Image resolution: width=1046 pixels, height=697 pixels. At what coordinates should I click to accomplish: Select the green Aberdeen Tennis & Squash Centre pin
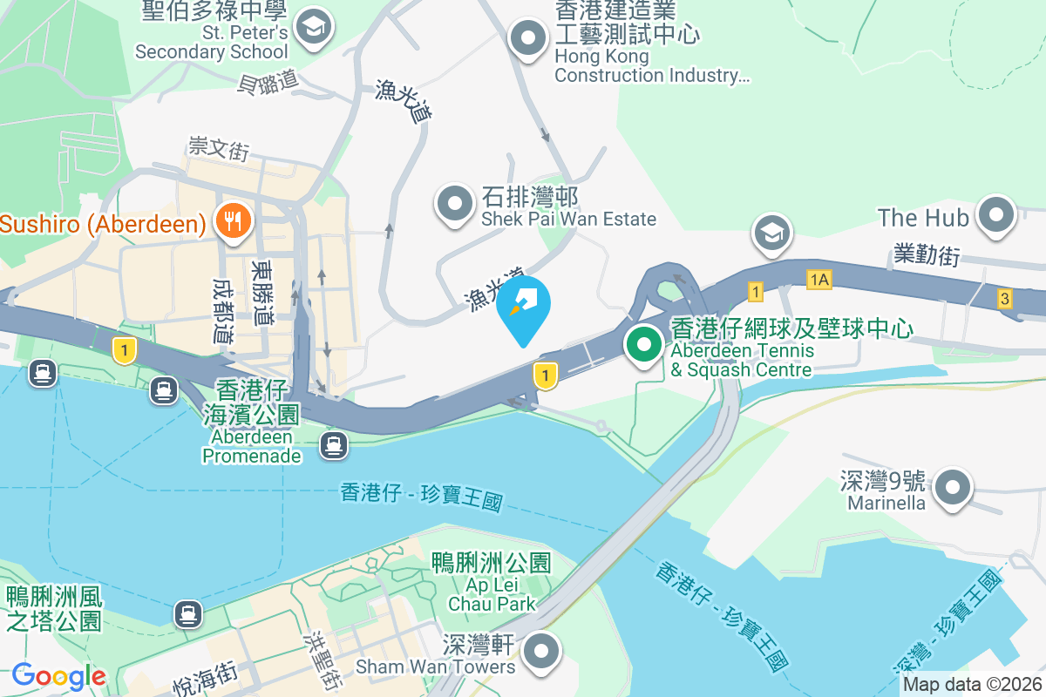(644, 344)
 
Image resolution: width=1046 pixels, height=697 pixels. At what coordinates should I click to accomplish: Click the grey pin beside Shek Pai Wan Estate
(454, 205)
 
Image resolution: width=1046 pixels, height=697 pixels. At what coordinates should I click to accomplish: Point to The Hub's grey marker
(995, 215)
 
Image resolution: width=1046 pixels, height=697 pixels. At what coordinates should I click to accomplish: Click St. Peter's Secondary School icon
(311, 28)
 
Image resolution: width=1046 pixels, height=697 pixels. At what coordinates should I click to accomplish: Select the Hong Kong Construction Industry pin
(527, 38)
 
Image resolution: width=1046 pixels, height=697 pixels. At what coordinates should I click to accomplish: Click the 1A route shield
(819, 280)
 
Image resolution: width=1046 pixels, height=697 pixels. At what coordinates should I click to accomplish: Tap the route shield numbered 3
(1005, 299)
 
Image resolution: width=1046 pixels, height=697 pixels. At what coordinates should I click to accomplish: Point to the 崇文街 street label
(218, 148)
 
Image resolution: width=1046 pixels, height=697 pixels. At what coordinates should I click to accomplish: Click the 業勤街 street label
(926, 254)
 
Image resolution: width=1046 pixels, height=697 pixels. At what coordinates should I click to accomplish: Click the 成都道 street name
(223, 310)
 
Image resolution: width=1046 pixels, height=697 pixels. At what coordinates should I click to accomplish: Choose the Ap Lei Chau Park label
(492, 583)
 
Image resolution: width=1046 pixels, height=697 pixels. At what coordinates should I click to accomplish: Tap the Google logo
(59, 676)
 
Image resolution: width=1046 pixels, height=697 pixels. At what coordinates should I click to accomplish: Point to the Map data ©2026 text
(972, 685)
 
